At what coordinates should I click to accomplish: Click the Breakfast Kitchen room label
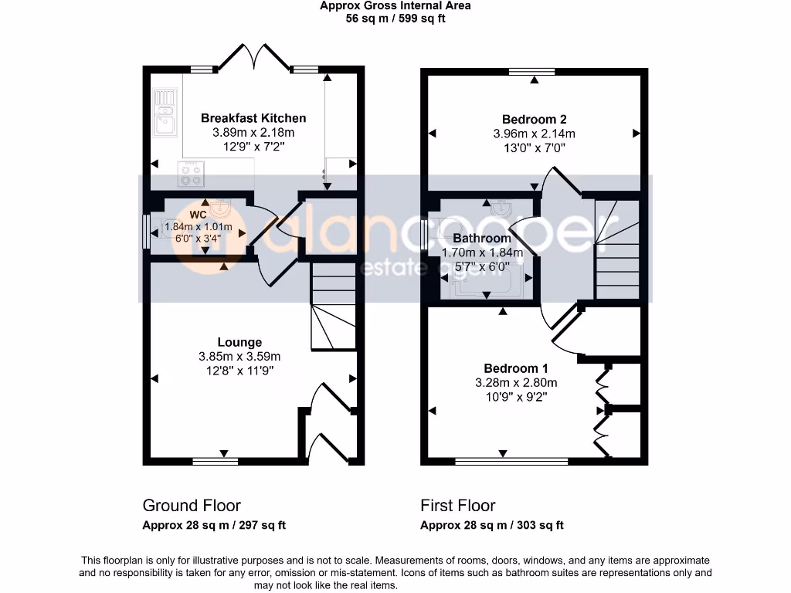[253, 118]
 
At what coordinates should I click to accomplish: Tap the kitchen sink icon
[165, 113]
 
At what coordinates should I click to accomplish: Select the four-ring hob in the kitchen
[191, 174]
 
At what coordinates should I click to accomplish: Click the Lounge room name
[239, 342]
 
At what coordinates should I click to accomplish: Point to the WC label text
[198, 215]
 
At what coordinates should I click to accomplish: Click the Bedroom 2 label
[535, 120]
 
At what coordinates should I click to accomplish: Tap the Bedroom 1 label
[516, 368]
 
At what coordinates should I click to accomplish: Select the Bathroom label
[482, 238]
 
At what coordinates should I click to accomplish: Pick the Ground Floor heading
[192, 505]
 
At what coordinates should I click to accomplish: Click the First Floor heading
[458, 505]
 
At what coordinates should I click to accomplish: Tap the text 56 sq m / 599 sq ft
[395, 19]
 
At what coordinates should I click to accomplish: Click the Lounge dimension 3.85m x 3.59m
[239, 357]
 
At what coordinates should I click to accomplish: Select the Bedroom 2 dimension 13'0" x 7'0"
[535, 147]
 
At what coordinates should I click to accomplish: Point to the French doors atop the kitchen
[254, 56]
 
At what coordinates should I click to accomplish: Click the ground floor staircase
[334, 307]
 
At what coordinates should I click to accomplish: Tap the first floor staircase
[617, 249]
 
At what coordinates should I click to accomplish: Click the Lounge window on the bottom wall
[216, 461]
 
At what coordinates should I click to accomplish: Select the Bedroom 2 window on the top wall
[531, 71]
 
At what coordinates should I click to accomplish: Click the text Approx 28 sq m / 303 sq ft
[492, 525]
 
